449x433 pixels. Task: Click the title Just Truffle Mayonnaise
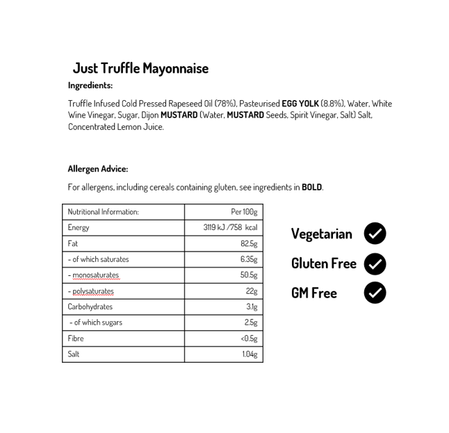coord(140,68)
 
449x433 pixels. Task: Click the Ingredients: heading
coord(90,85)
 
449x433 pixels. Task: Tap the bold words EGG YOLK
coord(300,104)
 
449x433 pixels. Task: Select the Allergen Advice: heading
coord(98,169)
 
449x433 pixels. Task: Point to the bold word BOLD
coord(311,187)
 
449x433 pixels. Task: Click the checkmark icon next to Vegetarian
coord(375,234)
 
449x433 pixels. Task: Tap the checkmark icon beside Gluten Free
coord(375,263)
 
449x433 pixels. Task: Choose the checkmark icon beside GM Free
coord(375,293)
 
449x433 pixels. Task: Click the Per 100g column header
coord(244,212)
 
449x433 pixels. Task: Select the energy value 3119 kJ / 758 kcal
coord(230,227)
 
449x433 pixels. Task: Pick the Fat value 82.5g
coord(249,243)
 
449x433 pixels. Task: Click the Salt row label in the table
coord(74,354)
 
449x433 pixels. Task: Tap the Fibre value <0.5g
coord(249,338)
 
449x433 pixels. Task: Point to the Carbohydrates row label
coord(90,307)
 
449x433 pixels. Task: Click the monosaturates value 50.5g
coord(249,275)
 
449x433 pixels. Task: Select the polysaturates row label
coord(91,291)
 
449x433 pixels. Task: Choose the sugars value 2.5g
coord(251,322)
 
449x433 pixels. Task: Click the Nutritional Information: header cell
coord(103,212)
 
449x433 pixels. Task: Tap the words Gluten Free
coord(323,263)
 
